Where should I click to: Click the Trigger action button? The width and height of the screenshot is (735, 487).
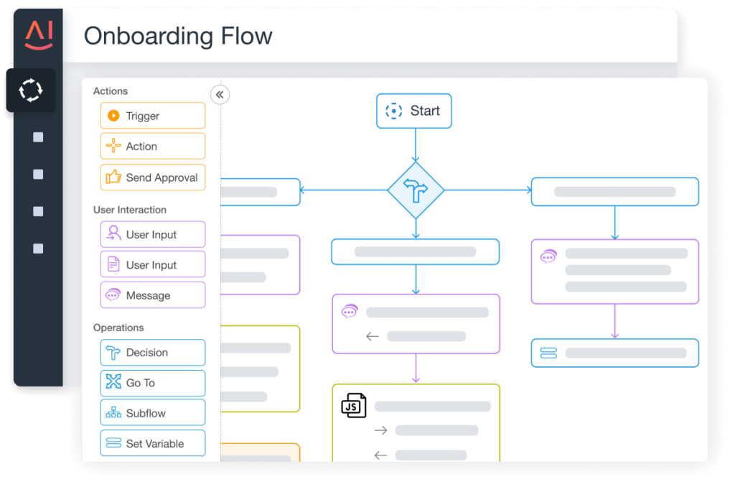pyautogui.click(x=153, y=116)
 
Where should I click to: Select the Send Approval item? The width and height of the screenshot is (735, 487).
pyautogui.click(x=153, y=177)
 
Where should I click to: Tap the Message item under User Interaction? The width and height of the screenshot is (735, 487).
pyautogui.click(x=153, y=295)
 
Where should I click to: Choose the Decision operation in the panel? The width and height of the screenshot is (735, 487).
pyautogui.click(x=153, y=353)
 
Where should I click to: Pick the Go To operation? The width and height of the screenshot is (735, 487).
pyautogui.click(x=153, y=383)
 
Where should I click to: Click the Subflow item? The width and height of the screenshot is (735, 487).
pyautogui.click(x=153, y=414)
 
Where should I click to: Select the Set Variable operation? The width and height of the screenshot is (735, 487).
pyautogui.click(x=153, y=444)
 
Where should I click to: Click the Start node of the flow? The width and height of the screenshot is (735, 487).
pyautogui.click(x=414, y=111)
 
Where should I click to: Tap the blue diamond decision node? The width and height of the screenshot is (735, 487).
pyautogui.click(x=416, y=190)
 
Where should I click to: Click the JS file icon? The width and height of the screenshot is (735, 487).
pyautogui.click(x=353, y=406)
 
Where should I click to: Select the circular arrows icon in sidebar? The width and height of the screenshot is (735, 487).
pyautogui.click(x=31, y=91)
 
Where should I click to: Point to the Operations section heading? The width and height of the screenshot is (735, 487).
pyautogui.click(x=118, y=328)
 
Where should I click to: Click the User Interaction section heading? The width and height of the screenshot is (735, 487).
pyautogui.click(x=130, y=210)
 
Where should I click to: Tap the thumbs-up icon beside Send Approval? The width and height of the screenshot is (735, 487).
pyautogui.click(x=113, y=177)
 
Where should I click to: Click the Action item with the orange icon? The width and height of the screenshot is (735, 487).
pyautogui.click(x=153, y=147)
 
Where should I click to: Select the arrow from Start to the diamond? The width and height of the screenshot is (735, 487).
pyautogui.click(x=415, y=145)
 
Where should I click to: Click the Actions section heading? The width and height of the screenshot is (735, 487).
pyautogui.click(x=111, y=91)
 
